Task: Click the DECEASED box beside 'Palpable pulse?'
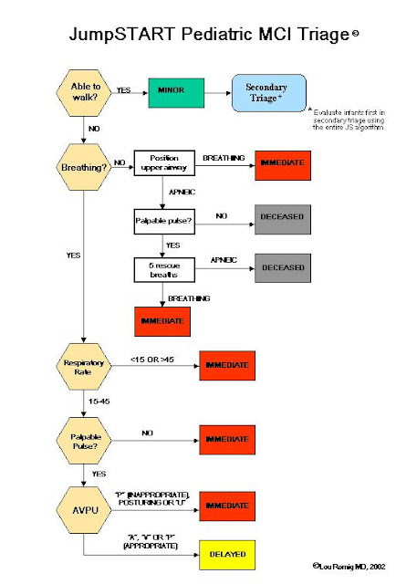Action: (283, 219)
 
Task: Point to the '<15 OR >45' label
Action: (151, 355)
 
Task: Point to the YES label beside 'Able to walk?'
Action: (123, 90)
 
